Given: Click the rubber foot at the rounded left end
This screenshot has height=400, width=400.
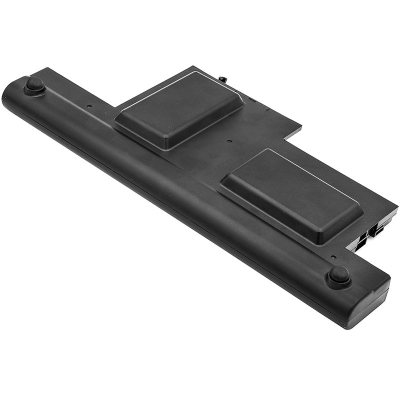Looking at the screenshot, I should [x=34, y=84].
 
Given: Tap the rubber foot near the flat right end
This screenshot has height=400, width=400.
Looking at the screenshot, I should [x=338, y=274].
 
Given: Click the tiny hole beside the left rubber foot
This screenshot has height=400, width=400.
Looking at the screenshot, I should [x=89, y=106].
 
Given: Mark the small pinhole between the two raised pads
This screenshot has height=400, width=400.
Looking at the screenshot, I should [x=229, y=141].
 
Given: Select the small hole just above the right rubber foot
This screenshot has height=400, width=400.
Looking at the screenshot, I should [x=333, y=257].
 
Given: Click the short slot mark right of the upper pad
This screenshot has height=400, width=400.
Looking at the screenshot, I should [x=253, y=100].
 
